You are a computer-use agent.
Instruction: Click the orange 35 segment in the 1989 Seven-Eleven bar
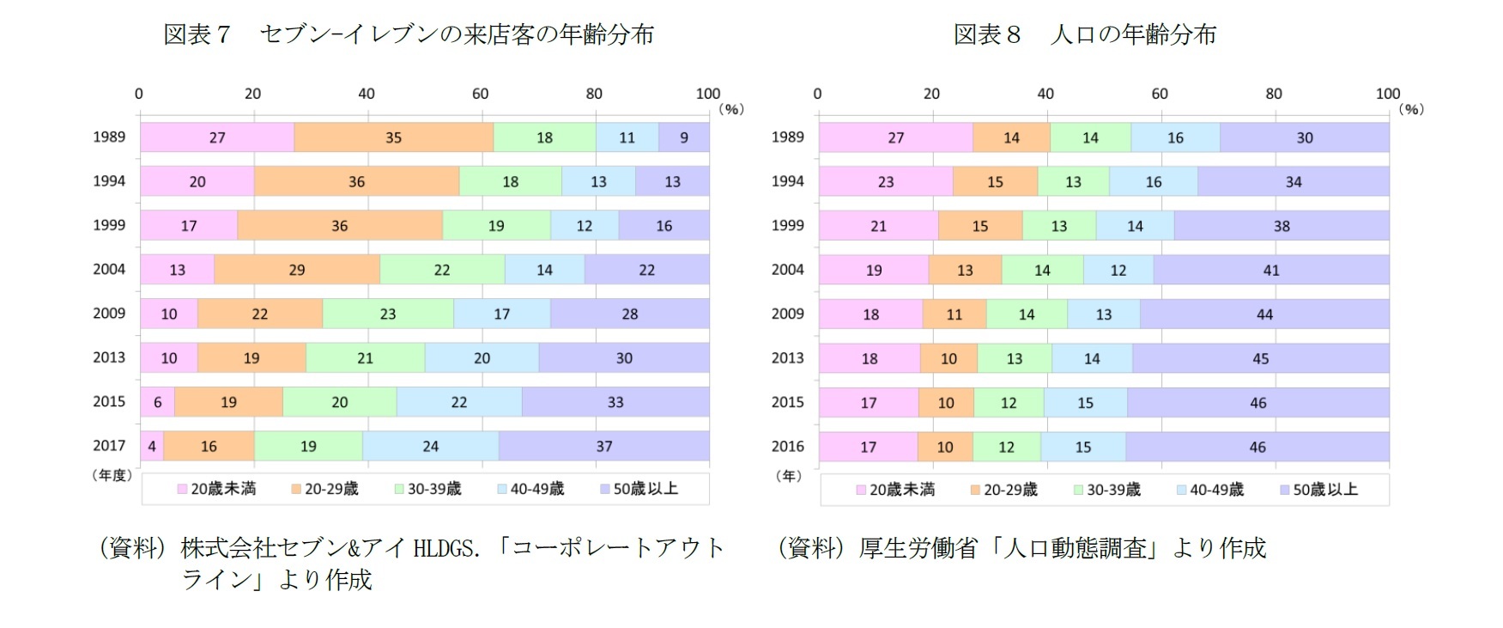[x=393, y=137]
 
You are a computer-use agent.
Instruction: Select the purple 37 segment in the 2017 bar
[x=604, y=447]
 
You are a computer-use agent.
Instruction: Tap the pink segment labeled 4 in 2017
[x=152, y=447]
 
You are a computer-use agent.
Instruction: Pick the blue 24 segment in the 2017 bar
[x=430, y=447]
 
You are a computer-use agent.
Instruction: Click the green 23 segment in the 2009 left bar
[x=388, y=314]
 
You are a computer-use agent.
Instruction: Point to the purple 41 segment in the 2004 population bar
[x=1271, y=271]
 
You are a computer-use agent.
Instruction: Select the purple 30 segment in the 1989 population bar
[x=1304, y=138]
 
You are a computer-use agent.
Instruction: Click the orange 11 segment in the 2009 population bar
[x=954, y=314]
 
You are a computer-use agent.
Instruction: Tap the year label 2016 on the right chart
[x=787, y=447]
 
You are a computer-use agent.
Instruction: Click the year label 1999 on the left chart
[x=109, y=225]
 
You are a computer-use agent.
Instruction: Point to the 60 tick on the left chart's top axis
[x=480, y=94]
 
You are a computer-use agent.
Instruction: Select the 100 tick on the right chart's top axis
[x=1387, y=94]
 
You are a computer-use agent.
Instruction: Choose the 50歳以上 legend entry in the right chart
[x=1318, y=490]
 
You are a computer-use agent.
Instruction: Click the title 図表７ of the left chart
[x=197, y=34]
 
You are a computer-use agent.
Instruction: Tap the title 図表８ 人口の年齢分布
[x=1085, y=34]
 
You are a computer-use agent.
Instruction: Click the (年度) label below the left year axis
[x=112, y=475]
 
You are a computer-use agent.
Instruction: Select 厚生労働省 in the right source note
[x=918, y=548]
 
